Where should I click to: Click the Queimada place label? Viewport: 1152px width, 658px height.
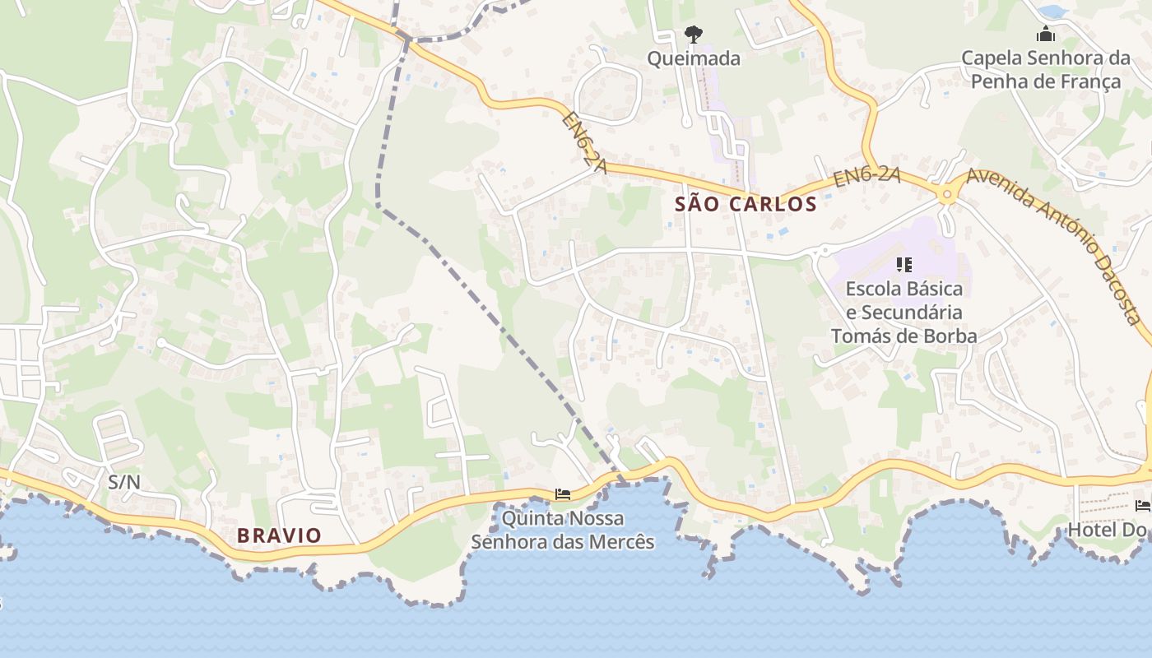[693, 59]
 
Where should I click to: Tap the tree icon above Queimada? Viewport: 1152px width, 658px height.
[694, 35]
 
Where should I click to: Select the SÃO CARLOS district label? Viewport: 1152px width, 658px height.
[746, 204]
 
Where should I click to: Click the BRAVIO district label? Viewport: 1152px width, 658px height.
[279, 535]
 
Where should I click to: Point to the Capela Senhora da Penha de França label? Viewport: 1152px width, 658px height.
[1045, 70]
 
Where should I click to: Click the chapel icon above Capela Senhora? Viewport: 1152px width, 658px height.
[1046, 35]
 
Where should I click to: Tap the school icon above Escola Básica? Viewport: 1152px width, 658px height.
[904, 265]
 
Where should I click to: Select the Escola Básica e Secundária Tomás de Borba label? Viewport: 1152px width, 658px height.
[903, 313]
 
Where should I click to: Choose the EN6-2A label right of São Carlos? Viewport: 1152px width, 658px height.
[866, 177]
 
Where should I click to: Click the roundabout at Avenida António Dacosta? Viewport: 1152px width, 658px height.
[947, 195]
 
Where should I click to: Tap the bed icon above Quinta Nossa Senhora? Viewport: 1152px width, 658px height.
[563, 493]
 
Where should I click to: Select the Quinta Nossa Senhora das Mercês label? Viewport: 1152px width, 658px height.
[563, 531]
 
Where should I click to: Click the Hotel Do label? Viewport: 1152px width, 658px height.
[1106, 530]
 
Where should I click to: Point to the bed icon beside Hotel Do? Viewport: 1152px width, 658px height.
[1145, 505]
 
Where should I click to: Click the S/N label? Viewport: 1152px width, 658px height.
[124, 482]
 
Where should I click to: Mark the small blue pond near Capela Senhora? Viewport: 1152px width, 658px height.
[1052, 12]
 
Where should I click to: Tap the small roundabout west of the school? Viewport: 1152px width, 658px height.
[823, 251]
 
